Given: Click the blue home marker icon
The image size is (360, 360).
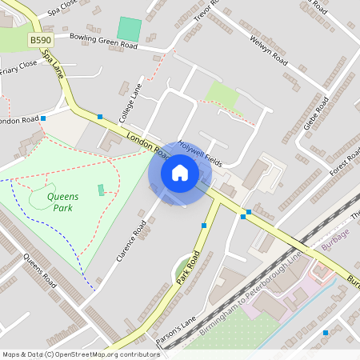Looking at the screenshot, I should (x=180, y=173).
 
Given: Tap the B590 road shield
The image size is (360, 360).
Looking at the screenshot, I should (x=40, y=40).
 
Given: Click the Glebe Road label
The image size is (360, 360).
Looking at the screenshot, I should (x=317, y=117).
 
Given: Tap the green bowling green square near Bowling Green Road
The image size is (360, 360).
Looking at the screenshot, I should (x=129, y=30).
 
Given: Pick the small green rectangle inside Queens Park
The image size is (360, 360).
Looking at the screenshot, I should (x=101, y=190).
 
